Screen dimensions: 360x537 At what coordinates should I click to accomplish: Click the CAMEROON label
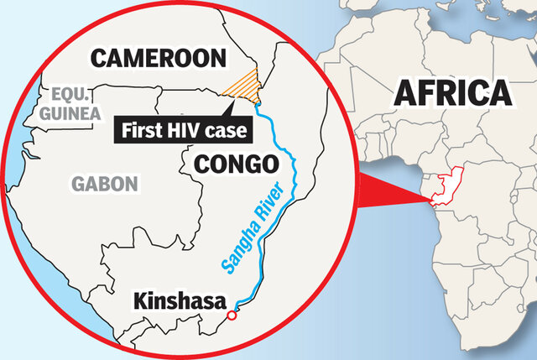tap(159, 58)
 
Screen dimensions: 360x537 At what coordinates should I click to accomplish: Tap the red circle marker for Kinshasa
tap(232, 316)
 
